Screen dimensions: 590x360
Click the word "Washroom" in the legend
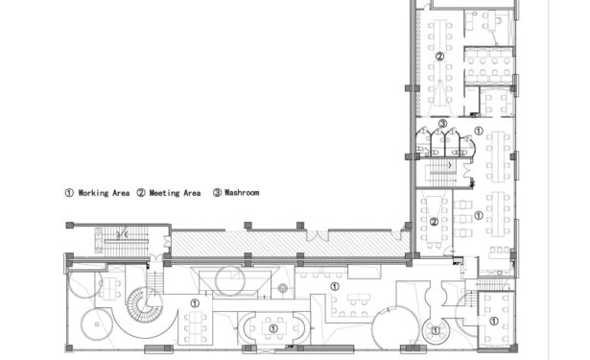(x=242, y=192)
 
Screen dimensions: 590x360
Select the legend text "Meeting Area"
(x=175, y=193)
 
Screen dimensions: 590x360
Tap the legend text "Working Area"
(x=104, y=193)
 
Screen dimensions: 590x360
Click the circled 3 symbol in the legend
(x=217, y=193)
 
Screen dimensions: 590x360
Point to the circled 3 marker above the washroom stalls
(x=443, y=124)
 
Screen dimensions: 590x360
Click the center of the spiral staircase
(x=144, y=304)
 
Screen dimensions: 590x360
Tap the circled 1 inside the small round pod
(x=436, y=331)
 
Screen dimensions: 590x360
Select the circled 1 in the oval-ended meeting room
(x=273, y=328)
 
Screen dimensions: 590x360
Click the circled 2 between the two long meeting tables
(x=439, y=56)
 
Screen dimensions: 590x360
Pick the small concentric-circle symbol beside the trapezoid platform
(x=283, y=289)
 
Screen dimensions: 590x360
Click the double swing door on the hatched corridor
(x=317, y=235)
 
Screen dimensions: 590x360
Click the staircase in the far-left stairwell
(x=121, y=240)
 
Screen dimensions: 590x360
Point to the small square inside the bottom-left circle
(x=98, y=324)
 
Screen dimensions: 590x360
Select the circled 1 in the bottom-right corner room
(x=494, y=322)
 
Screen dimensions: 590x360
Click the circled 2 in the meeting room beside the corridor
(x=434, y=222)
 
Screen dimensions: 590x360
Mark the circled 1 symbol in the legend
(x=69, y=193)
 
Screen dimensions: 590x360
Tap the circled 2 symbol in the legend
(x=141, y=193)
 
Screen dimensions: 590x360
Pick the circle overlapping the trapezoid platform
(x=230, y=280)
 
